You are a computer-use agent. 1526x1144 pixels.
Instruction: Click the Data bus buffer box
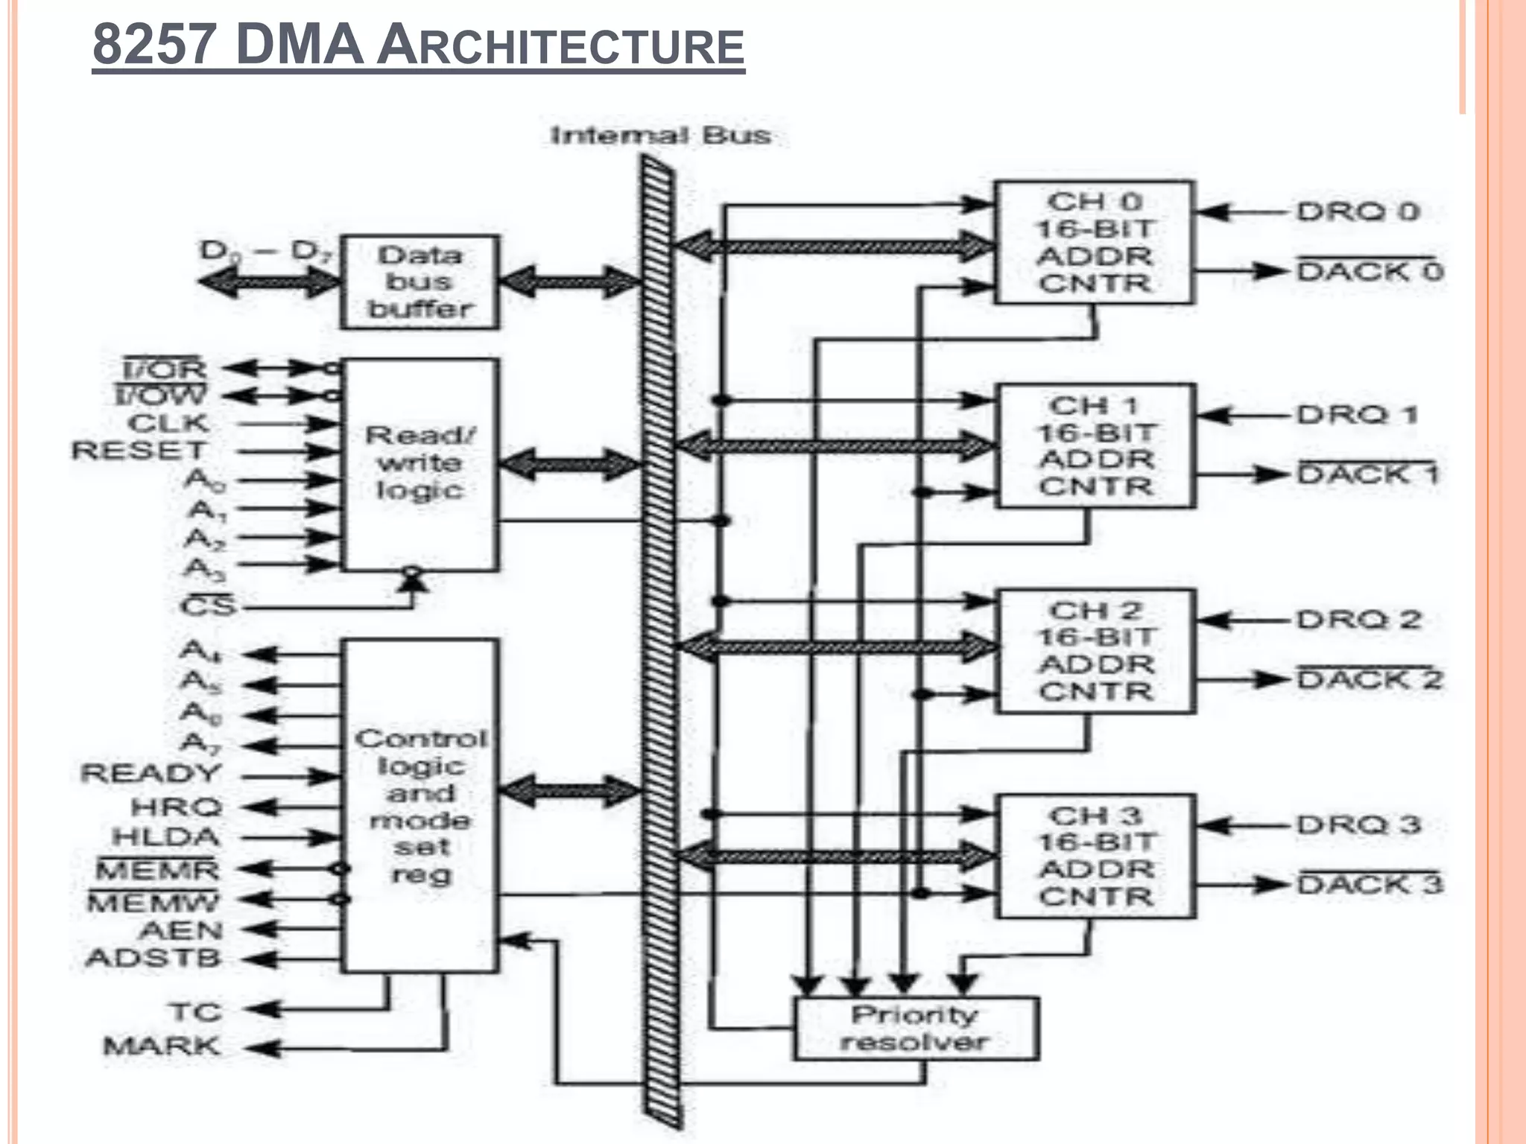coord(420,282)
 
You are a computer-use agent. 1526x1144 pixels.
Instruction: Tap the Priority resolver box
coord(916,1029)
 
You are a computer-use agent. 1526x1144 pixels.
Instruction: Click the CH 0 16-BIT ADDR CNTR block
coord(1095,243)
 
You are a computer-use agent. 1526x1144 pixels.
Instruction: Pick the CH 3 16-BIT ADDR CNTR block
coord(1096,856)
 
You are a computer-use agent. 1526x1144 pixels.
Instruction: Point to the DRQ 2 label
coord(1359,620)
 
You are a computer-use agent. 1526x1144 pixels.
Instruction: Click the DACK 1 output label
coord(1368,474)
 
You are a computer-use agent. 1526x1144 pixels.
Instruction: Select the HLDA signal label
coord(166,837)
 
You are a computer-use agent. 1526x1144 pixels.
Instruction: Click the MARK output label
coord(162,1046)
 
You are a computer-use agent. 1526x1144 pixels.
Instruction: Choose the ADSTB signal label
coord(153,958)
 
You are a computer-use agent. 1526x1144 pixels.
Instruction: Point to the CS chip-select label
coord(208,606)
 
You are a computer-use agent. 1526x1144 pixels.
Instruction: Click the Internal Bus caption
coord(660,136)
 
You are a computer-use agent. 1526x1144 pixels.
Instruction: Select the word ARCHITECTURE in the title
coord(560,46)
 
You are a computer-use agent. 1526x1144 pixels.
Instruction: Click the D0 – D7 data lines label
coord(265,251)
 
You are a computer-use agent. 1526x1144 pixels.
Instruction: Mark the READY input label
coord(151,774)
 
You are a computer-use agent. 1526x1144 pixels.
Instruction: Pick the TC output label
coord(195,1011)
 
